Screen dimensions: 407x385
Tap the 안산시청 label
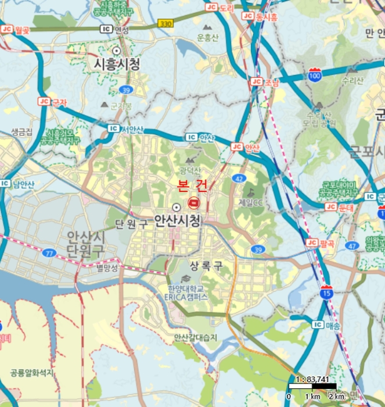(177, 220)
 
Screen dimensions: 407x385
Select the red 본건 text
(193, 187)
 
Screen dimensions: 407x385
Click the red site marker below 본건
(193, 202)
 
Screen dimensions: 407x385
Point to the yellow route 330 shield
(165, 23)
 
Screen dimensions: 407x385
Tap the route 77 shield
(49, 254)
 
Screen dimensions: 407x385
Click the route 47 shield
(352, 246)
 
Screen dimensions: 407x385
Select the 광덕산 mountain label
(190, 170)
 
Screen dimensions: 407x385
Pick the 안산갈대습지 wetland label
(197, 337)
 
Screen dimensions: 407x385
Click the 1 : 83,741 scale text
(314, 380)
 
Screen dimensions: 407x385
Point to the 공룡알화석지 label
(31, 371)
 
